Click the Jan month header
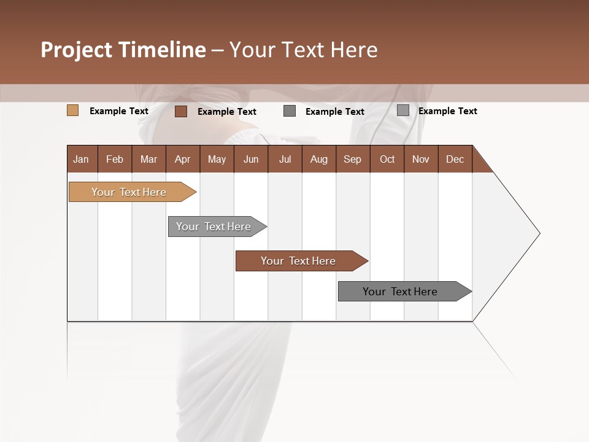(x=82, y=159)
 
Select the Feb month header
(x=115, y=159)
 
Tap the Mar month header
(x=148, y=159)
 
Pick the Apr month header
(x=183, y=159)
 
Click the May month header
(x=217, y=159)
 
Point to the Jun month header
(x=251, y=159)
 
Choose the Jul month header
(x=285, y=159)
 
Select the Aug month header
(x=319, y=159)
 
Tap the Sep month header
(x=353, y=159)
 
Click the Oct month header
(x=387, y=159)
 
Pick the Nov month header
(x=421, y=159)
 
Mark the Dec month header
(x=455, y=159)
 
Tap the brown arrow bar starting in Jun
(x=299, y=261)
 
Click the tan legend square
(x=73, y=110)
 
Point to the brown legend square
(x=181, y=111)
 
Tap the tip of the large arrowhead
(x=539, y=233)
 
